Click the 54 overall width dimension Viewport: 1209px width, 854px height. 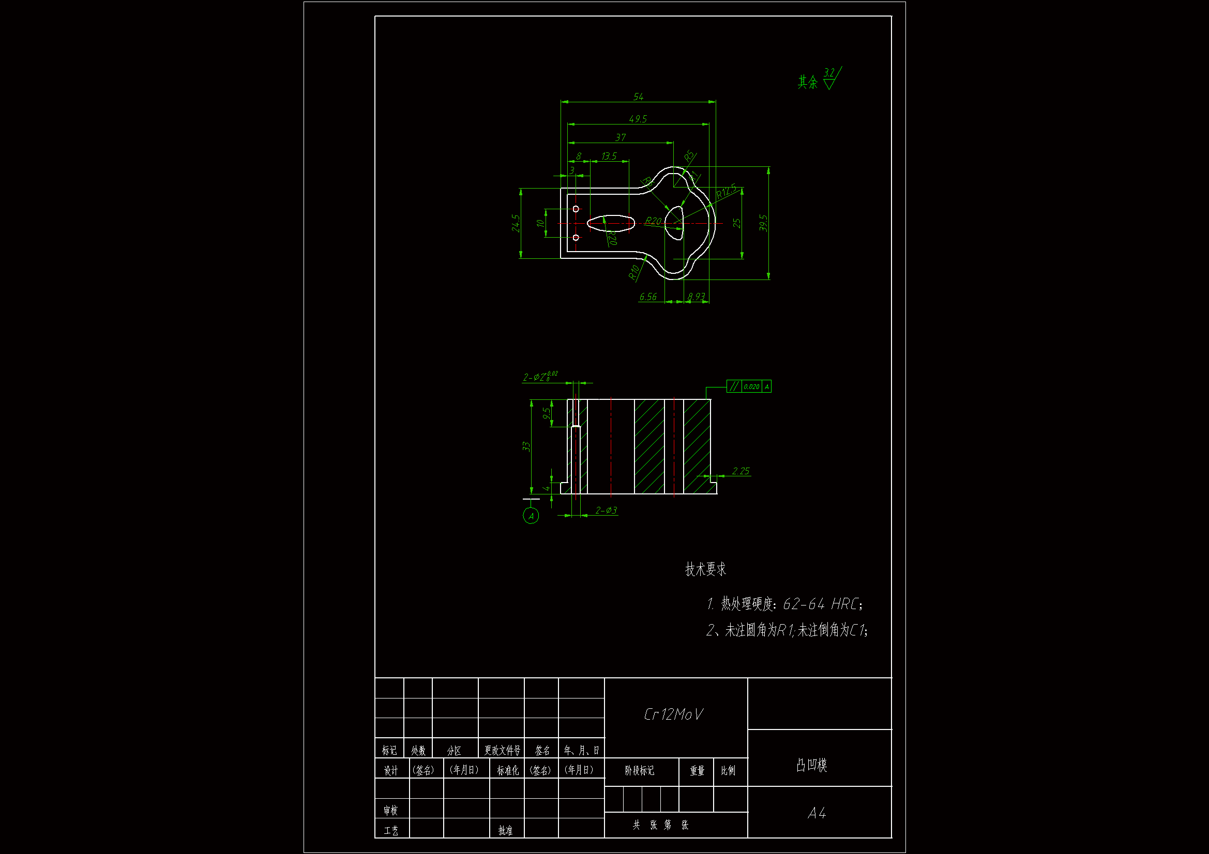[638, 97]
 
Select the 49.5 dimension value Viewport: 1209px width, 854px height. [638, 119]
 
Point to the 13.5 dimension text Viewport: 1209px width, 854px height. [609, 156]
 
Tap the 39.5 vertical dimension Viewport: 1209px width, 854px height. [764, 223]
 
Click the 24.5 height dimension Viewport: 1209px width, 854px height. [516, 223]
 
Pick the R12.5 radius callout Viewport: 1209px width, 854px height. [726, 192]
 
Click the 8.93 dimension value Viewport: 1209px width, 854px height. [696, 297]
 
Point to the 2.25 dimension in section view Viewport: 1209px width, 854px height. [740, 471]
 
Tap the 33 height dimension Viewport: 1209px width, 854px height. [526, 446]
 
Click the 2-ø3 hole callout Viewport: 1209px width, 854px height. [606, 510]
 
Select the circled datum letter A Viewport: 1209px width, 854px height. [531, 516]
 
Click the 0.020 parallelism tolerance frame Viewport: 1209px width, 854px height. [751, 387]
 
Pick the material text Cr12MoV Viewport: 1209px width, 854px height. [673, 715]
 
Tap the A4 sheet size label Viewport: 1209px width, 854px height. [817, 814]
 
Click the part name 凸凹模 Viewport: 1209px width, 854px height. [811, 765]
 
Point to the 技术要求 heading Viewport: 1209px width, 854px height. [705, 569]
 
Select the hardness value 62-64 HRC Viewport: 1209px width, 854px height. [821, 604]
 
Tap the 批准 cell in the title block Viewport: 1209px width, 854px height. [506, 830]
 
